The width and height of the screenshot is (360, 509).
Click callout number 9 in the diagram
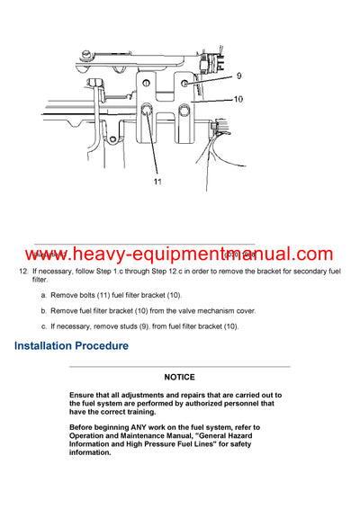pyautogui.click(x=239, y=76)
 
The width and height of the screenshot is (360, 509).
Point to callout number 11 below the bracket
pyautogui.click(x=157, y=182)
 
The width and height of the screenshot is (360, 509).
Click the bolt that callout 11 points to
pyautogui.click(x=145, y=111)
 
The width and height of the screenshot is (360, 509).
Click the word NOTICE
pyautogui.click(x=180, y=378)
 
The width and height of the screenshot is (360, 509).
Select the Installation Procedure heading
pyautogui.click(x=71, y=346)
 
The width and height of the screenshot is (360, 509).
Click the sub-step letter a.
pyautogui.click(x=44, y=295)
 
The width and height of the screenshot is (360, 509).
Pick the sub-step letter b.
pyautogui.click(x=44, y=310)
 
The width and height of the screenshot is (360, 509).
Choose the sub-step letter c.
pyautogui.click(x=44, y=326)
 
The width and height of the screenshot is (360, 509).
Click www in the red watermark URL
pyautogui.click(x=47, y=255)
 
